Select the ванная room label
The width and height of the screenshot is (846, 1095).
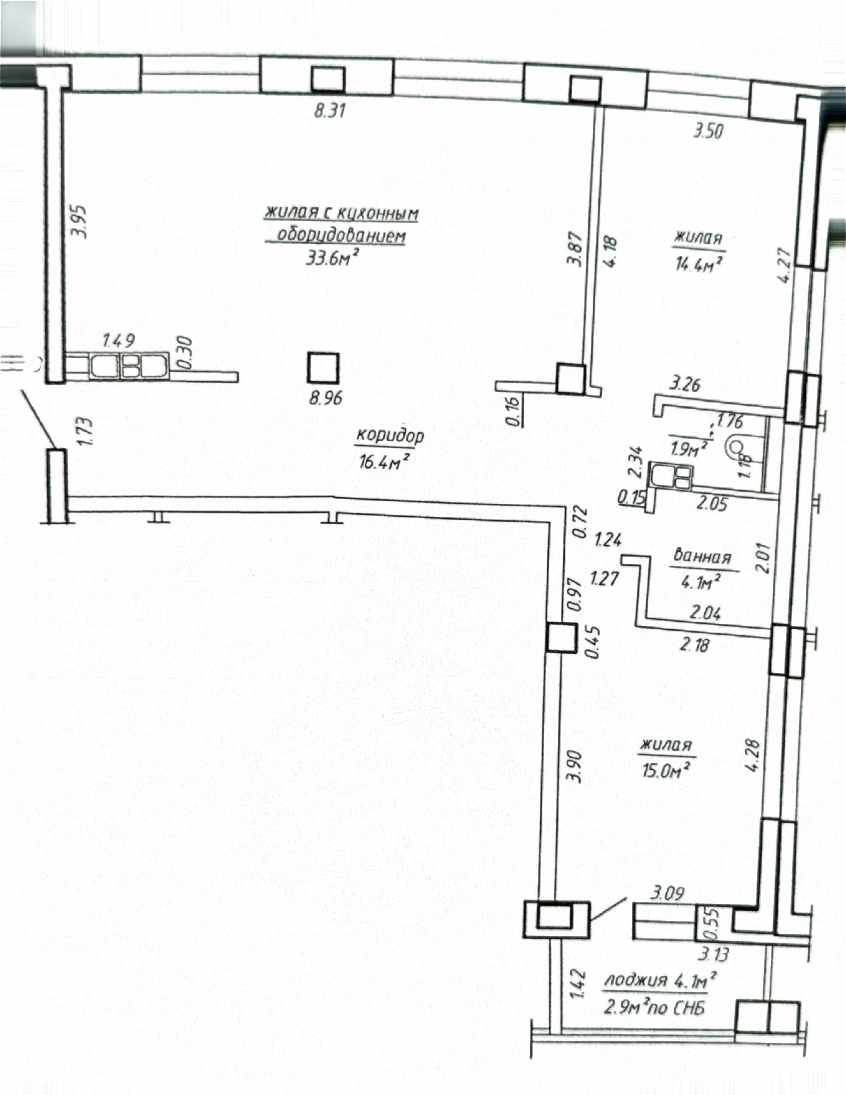pos(702,557)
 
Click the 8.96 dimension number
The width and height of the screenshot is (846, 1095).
pos(325,398)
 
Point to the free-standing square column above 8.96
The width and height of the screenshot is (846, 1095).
pos(323,369)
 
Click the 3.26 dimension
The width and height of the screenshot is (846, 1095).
pos(685,385)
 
